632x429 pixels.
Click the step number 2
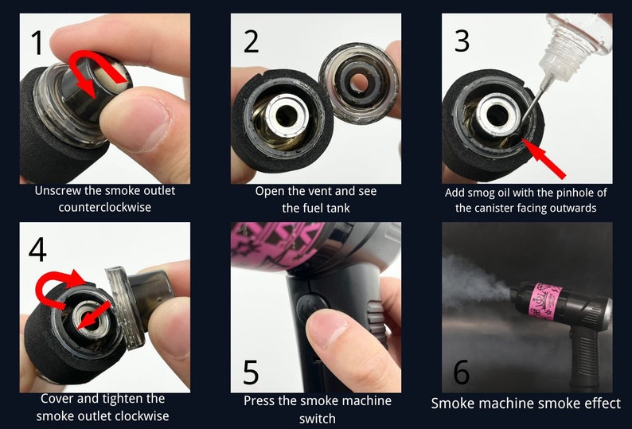pyautogui.click(x=251, y=40)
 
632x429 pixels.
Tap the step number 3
pyautogui.click(x=462, y=40)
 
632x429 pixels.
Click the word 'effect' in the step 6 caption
pyautogui.click(x=598, y=404)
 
